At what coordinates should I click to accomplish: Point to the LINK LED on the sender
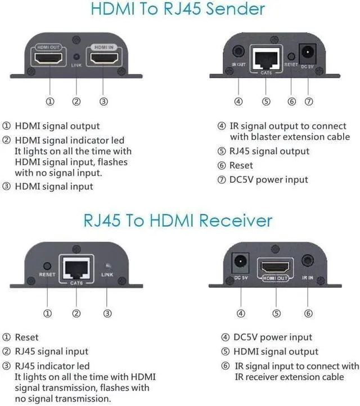[x=76, y=57]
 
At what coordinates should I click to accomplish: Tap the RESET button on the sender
[x=291, y=56]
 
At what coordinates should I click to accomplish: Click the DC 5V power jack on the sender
[x=308, y=52]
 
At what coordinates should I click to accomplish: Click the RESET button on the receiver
[x=47, y=265]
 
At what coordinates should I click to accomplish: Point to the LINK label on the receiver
[x=107, y=274]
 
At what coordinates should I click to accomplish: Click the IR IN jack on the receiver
[x=308, y=261]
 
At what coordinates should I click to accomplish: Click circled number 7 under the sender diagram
[x=308, y=101]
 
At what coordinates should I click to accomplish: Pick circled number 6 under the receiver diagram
[x=308, y=313]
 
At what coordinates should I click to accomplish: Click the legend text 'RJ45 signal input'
[x=51, y=351]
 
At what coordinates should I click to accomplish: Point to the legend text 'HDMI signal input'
[x=54, y=186]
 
